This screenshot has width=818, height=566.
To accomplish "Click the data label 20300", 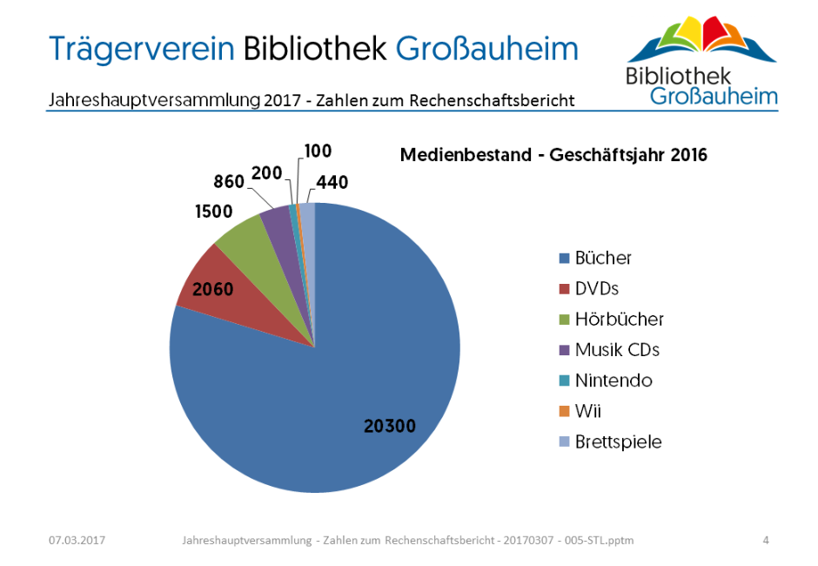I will click(389, 426).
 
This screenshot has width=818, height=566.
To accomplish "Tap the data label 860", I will click(229, 182).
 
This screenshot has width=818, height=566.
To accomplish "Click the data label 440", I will click(332, 182).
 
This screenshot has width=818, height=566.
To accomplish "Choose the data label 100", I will click(318, 151).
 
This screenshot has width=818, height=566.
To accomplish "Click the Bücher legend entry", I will click(603, 258).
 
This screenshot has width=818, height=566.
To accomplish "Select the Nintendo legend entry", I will click(613, 381).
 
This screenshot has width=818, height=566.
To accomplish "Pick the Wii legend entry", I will click(588, 411).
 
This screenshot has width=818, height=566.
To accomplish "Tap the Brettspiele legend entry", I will click(618, 441).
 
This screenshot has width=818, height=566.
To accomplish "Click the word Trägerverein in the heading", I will click(142, 48).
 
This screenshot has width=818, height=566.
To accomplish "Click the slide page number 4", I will click(766, 541).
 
